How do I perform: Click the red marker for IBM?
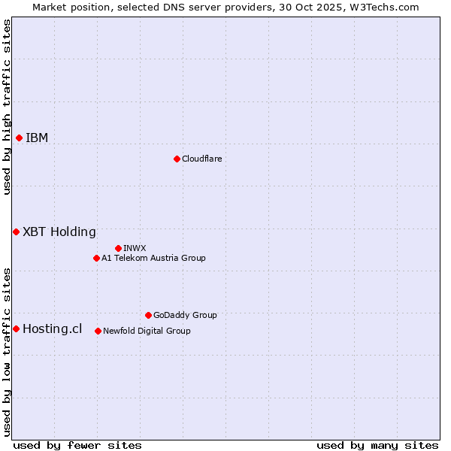(x=19, y=138)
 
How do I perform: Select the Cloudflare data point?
(x=177, y=159)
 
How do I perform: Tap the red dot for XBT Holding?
(x=16, y=232)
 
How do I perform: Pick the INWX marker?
(x=118, y=248)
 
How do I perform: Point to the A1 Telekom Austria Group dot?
(x=96, y=258)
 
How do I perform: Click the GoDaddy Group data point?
(x=148, y=315)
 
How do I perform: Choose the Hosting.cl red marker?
(x=16, y=328)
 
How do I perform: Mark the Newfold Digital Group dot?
(x=98, y=331)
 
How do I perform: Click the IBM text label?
(x=37, y=138)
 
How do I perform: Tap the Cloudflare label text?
(x=201, y=159)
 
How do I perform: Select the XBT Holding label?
(x=59, y=232)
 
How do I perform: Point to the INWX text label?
(x=135, y=248)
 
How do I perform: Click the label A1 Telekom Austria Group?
(x=153, y=258)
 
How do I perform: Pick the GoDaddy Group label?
(x=185, y=315)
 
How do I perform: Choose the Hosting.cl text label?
(x=52, y=328)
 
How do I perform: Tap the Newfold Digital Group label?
(x=147, y=331)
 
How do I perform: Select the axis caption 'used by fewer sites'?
(x=77, y=445)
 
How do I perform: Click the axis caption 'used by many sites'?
(x=377, y=445)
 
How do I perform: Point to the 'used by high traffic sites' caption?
(x=7, y=107)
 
